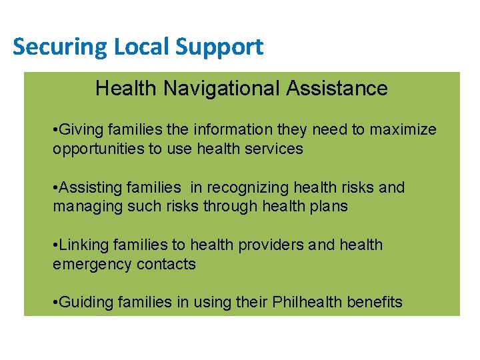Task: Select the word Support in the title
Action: pos(219,47)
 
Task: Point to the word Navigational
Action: pos(219,89)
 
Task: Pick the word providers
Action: pos(275,245)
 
